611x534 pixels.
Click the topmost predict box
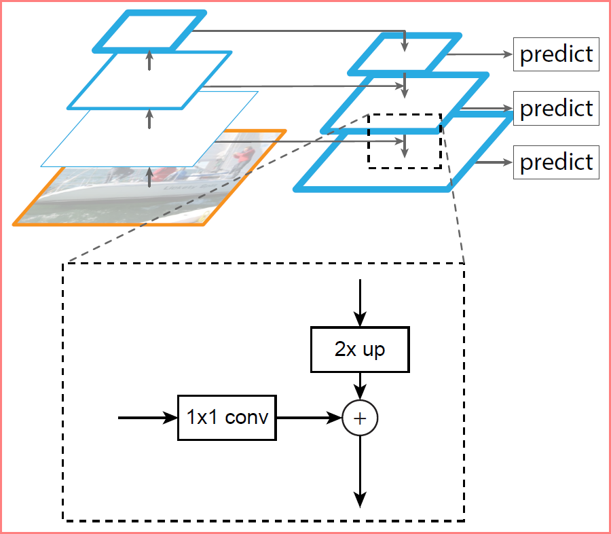556,54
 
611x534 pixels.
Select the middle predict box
556,108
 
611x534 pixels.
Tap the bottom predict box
556,162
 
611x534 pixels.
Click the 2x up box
360,350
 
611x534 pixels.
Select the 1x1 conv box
227,417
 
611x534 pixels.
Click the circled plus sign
360,418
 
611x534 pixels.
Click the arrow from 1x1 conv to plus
309,418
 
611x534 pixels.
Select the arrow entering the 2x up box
360,303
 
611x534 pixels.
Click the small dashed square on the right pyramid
405,141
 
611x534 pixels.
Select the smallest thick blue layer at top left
150,31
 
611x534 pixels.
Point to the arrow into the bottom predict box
492,162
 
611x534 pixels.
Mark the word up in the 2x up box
373,350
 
